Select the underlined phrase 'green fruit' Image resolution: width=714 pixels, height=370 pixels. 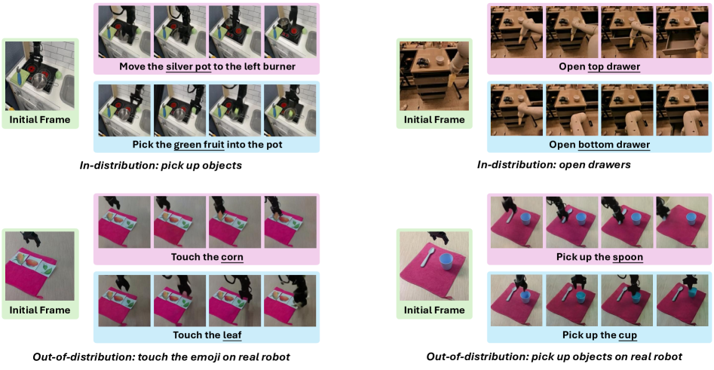[199, 145]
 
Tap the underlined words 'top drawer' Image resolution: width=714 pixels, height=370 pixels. [614, 66]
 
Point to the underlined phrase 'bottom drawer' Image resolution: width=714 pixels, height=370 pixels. [614, 145]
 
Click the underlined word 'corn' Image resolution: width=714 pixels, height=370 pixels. [232, 257]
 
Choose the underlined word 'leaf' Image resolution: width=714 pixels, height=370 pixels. [231, 335]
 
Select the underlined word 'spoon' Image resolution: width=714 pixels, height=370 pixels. [627, 257]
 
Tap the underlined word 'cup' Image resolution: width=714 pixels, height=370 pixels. [627, 335]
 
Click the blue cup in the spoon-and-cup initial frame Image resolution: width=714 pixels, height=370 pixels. [446, 262]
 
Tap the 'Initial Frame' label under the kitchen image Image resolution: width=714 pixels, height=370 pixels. [40, 120]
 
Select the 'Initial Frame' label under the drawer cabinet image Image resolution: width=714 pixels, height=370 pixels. [434, 120]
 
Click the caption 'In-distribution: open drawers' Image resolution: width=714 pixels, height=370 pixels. [553, 165]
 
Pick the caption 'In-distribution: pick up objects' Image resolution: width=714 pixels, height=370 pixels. [161, 165]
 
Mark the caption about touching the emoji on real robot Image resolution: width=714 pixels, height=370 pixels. [161, 356]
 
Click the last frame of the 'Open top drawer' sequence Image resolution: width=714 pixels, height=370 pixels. [682, 32]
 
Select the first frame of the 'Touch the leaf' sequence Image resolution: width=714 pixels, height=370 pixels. [124, 301]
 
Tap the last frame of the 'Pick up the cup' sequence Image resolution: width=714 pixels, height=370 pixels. [682, 301]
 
